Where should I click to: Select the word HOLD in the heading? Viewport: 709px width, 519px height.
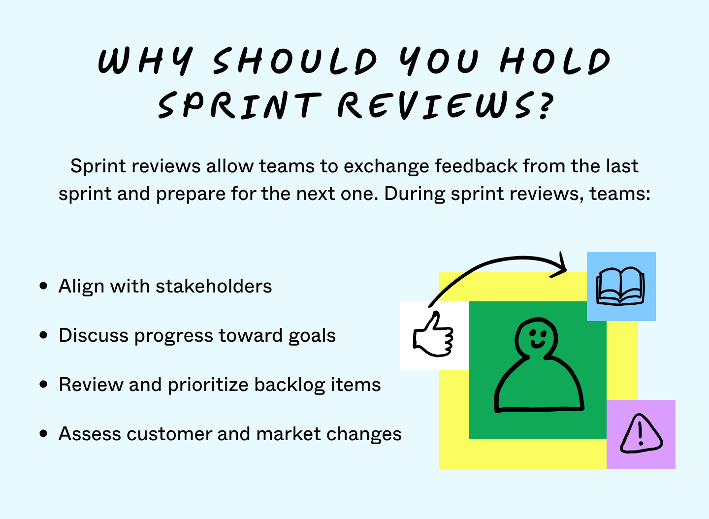pyautogui.click(x=555, y=62)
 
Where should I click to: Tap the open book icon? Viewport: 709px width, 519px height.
pyautogui.click(x=620, y=286)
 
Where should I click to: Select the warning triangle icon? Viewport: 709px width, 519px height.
pyautogui.click(x=641, y=434)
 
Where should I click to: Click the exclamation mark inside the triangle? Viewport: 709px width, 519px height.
pyautogui.click(x=640, y=433)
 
